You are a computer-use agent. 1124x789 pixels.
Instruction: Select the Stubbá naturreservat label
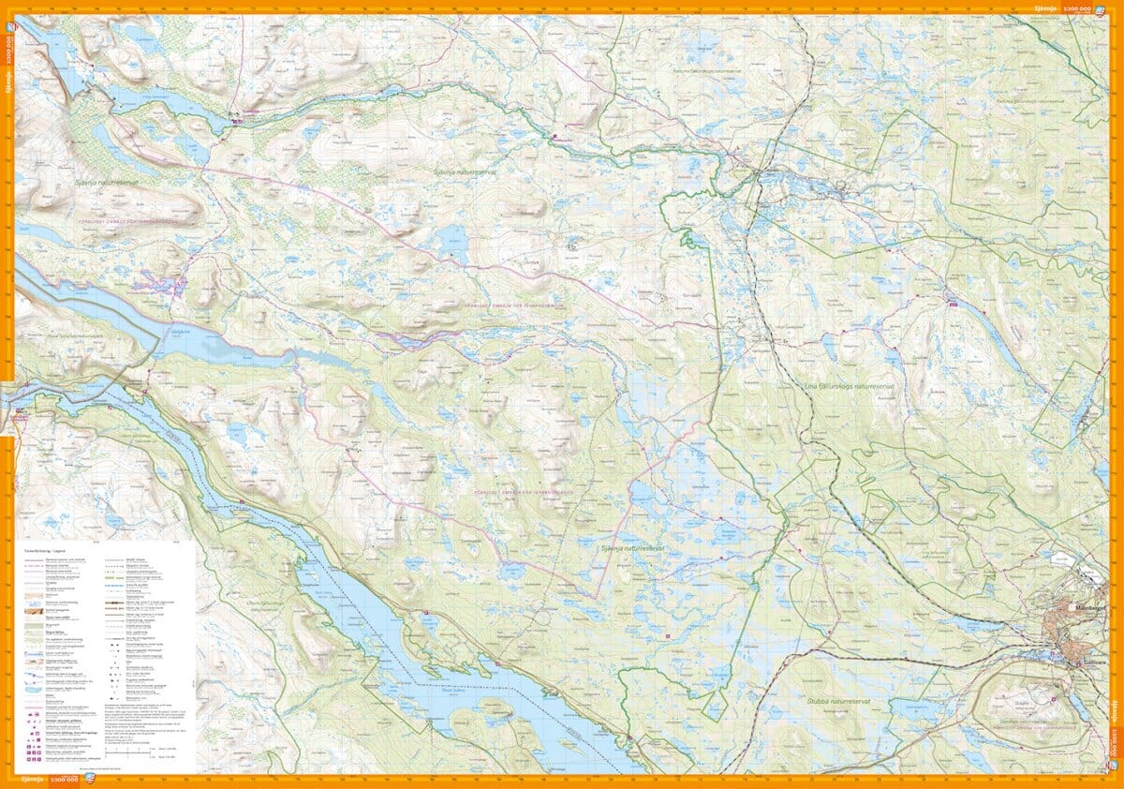pyautogui.click(x=837, y=699)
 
